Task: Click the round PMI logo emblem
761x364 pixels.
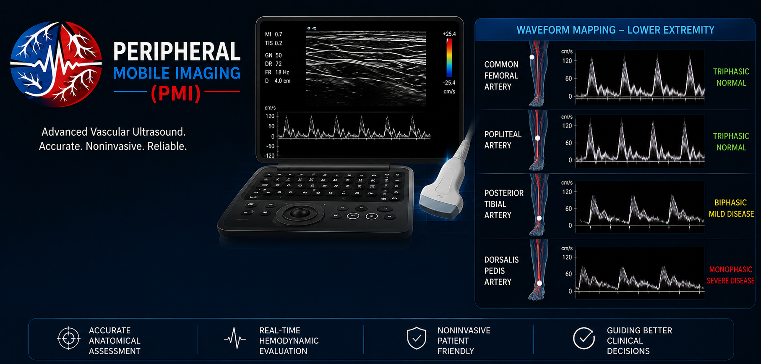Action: [56, 64]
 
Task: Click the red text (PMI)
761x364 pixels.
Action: [176, 93]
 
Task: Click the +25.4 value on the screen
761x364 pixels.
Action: [449, 34]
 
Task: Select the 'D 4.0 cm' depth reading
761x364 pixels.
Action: [278, 81]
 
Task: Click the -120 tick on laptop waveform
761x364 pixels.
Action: [269, 156]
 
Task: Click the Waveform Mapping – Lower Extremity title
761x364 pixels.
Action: [615, 30]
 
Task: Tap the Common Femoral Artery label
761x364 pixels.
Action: [501, 76]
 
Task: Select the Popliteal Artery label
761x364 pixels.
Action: [503, 140]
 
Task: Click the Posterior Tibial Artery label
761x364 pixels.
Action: [504, 204]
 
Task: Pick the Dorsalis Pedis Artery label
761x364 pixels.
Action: [501, 271]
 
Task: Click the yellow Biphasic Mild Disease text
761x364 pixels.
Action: [731, 208]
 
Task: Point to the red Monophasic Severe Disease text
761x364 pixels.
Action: [730, 275]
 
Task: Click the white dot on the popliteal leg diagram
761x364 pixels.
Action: [537, 138]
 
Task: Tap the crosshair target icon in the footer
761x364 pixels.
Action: [68, 338]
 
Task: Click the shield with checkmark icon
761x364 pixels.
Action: [417, 338]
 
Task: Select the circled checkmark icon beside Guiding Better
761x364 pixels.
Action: [584, 338]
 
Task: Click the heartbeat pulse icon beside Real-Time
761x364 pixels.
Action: [235, 338]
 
